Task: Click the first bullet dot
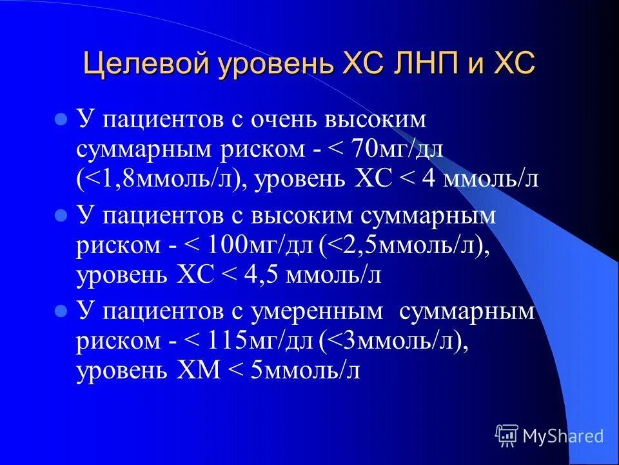(61, 119)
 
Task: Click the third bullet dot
(61, 311)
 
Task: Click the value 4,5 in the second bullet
(260, 276)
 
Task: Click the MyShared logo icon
(507, 436)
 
